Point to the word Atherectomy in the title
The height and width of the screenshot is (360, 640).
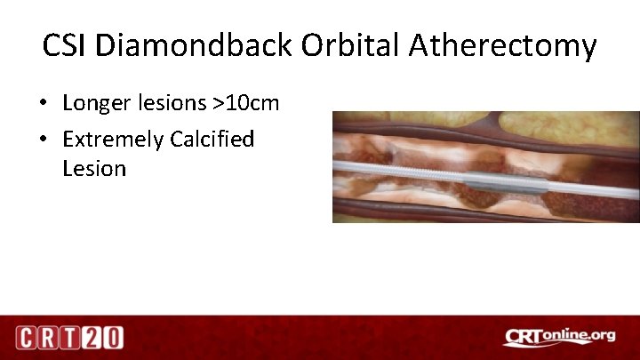coord(503,45)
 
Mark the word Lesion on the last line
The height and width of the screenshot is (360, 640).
coord(93,168)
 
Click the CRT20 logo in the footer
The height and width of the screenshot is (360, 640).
coord(69,338)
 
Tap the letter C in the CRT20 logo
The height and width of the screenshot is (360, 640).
coord(28,338)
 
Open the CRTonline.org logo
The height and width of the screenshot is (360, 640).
coord(560,336)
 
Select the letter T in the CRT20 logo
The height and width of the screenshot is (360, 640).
coord(70,338)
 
